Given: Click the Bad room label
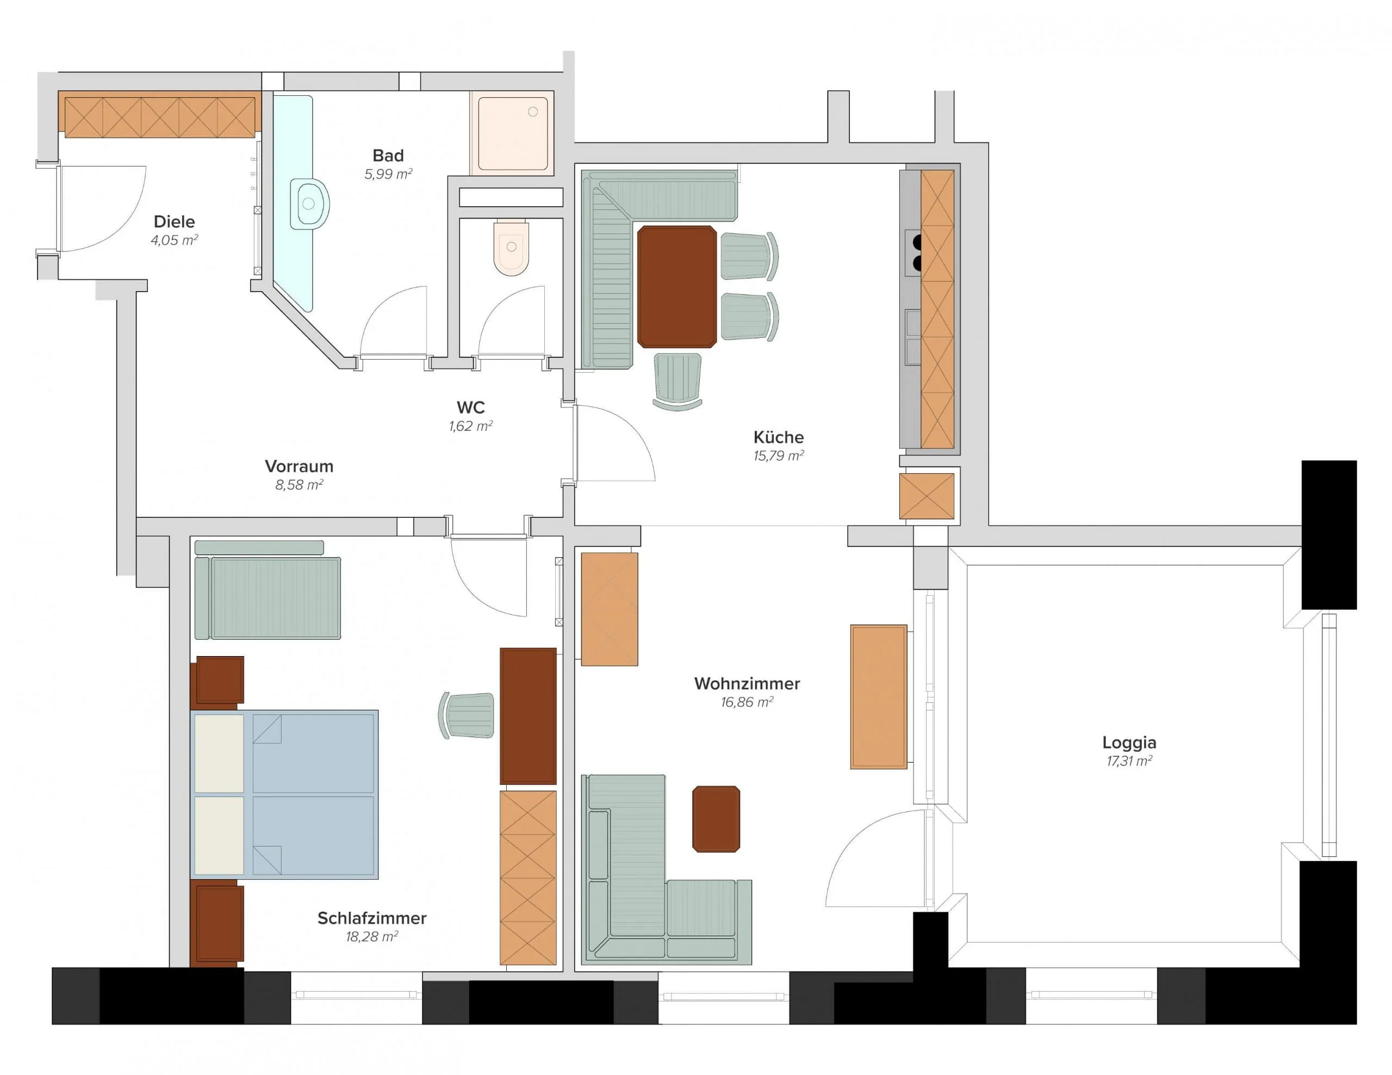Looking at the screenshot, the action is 388,156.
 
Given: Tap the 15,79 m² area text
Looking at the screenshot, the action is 778,456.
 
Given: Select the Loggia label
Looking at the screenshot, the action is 1129,742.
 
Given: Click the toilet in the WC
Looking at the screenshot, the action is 511,248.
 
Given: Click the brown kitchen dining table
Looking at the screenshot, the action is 677,287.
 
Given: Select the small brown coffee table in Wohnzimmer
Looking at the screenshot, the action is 717,819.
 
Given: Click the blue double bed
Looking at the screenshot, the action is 284,795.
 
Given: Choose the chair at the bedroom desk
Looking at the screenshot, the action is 467,715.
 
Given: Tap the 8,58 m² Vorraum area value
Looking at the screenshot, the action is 299,485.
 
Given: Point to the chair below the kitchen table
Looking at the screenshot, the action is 678,381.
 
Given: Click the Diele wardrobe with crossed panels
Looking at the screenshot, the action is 159,115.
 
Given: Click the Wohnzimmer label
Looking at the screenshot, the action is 747,683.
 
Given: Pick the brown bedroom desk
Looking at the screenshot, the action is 528,716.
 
